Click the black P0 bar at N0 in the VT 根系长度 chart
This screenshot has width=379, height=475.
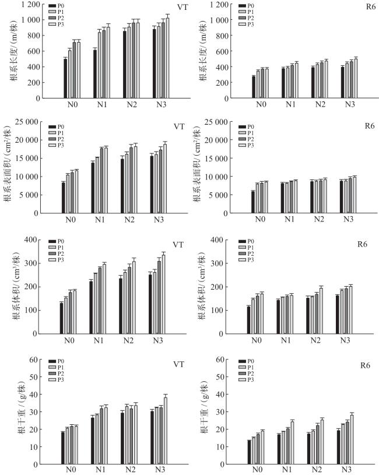click(65, 78)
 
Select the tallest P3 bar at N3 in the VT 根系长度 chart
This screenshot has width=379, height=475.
click(167, 58)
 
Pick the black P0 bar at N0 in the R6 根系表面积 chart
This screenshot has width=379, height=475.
click(253, 202)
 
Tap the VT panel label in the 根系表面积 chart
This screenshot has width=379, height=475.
click(179, 126)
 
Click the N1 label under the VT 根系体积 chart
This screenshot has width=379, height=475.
click(100, 340)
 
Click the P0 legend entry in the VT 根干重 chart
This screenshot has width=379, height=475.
click(58, 362)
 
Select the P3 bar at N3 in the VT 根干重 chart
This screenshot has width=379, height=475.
click(165, 430)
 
